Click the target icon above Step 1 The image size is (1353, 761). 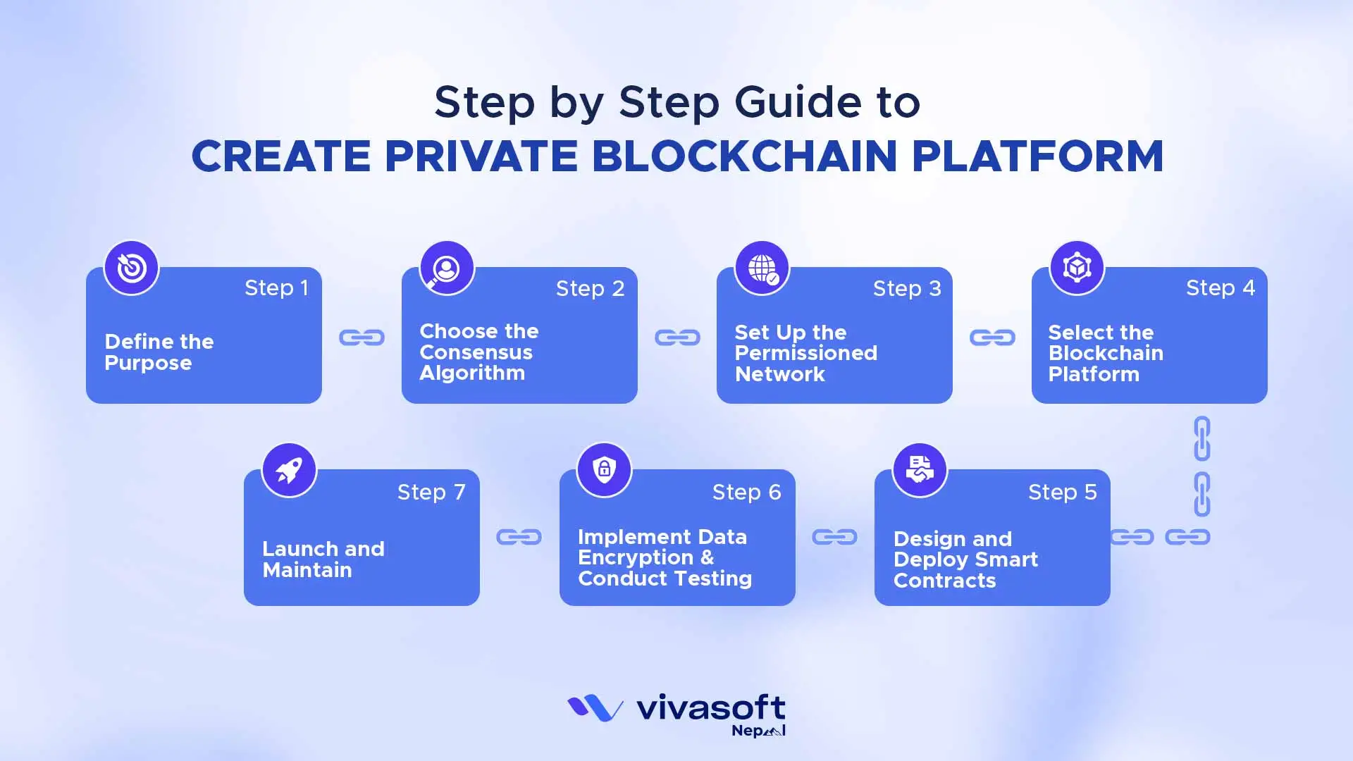coord(131,268)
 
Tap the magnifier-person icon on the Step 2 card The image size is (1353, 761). coord(446,268)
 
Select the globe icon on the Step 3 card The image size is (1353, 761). coord(762,268)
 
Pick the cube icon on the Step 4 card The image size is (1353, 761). coord(1077,268)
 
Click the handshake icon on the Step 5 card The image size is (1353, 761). coord(920,470)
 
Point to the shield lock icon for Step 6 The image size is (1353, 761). coord(604,470)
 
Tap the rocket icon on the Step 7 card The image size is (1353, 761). coord(289,470)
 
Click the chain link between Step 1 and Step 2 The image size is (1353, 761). coord(362,338)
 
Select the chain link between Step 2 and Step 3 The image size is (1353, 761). coord(677,338)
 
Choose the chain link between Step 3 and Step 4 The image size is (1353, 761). coord(992,338)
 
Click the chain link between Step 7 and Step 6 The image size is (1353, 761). coord(519,537)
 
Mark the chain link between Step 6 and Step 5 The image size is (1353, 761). coord(834,537)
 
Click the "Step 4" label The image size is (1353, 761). coord(1220,287)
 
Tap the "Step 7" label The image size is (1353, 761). coord(431,492)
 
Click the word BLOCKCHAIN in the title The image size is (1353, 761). coord(744,156)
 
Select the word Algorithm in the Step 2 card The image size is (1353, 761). coord(472,373)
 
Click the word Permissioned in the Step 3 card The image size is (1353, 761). coord(806,353)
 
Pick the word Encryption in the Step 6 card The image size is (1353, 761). coord(636,557)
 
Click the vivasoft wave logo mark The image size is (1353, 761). coord(595,708)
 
